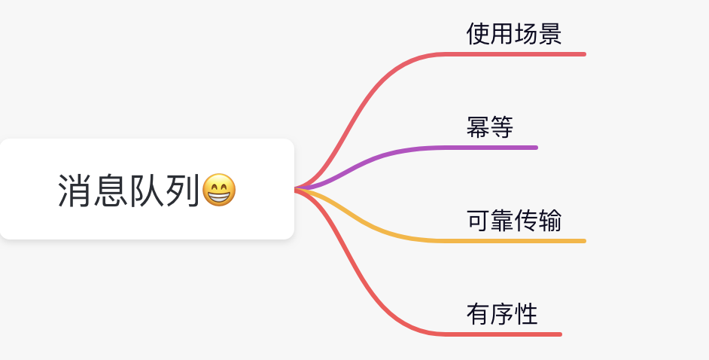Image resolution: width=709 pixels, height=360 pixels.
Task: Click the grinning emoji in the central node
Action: [x=219, y=191]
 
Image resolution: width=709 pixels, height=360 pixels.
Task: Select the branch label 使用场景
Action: [x=514, y=34]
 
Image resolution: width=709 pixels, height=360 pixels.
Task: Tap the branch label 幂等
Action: [x=490, y=127]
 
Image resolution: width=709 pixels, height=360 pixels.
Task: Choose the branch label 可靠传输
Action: [x=514, y=221]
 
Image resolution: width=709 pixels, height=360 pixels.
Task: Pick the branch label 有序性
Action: [x=502, y=314]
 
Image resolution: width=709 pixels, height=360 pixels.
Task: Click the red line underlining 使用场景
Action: [x=519, y=54]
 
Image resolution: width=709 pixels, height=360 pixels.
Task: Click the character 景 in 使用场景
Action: [x=550, y=34]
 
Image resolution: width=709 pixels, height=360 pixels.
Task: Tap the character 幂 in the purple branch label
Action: [x=478, y=127]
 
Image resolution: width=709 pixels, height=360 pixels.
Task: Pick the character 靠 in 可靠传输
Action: [x=502, y=221]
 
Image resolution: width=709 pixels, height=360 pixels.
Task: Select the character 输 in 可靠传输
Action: [x=550, y=221]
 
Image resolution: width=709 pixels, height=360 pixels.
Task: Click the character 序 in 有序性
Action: [x=502, y=314]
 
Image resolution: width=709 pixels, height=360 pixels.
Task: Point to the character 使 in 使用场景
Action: [x=478, y=34]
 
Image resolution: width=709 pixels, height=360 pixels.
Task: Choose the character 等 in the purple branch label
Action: [x=502, y=127]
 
